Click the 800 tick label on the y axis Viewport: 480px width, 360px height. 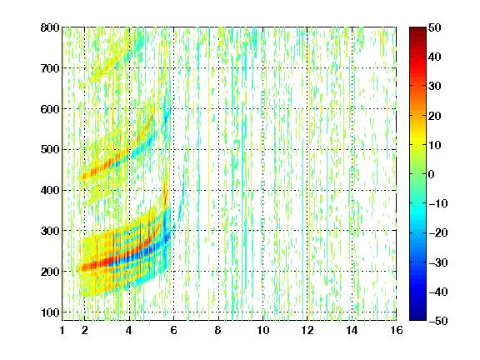tap(50, 27)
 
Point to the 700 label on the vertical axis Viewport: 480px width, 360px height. tap(50, 68)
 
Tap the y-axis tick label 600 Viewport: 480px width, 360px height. tap(50, 109)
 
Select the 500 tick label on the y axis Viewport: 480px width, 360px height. tap(50, 150)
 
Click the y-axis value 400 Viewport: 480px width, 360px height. tap(50, 190)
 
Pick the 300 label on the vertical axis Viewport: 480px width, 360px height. tap(50, 231)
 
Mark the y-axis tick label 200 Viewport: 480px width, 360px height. tap(50, 272)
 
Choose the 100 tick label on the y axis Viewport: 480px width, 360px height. tap(50, 312)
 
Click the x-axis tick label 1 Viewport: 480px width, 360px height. tap(62, 330)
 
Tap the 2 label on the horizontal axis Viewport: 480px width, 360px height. tap(85, 330)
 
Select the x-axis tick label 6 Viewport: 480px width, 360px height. tap(174, 330)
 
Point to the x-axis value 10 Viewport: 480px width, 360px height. tap(263, 330)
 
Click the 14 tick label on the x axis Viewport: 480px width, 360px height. tap(352, 330)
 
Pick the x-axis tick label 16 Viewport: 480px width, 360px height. tap(397, 330)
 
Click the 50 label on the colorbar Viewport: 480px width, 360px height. tap(435, 27)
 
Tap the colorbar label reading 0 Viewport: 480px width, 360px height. tap(432, 174)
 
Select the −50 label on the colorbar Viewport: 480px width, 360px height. tap(438, 321)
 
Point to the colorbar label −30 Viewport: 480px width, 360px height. tap(438, 262)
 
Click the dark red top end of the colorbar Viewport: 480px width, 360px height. tap(417, 29)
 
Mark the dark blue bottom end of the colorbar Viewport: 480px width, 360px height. tap(417, 318)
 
